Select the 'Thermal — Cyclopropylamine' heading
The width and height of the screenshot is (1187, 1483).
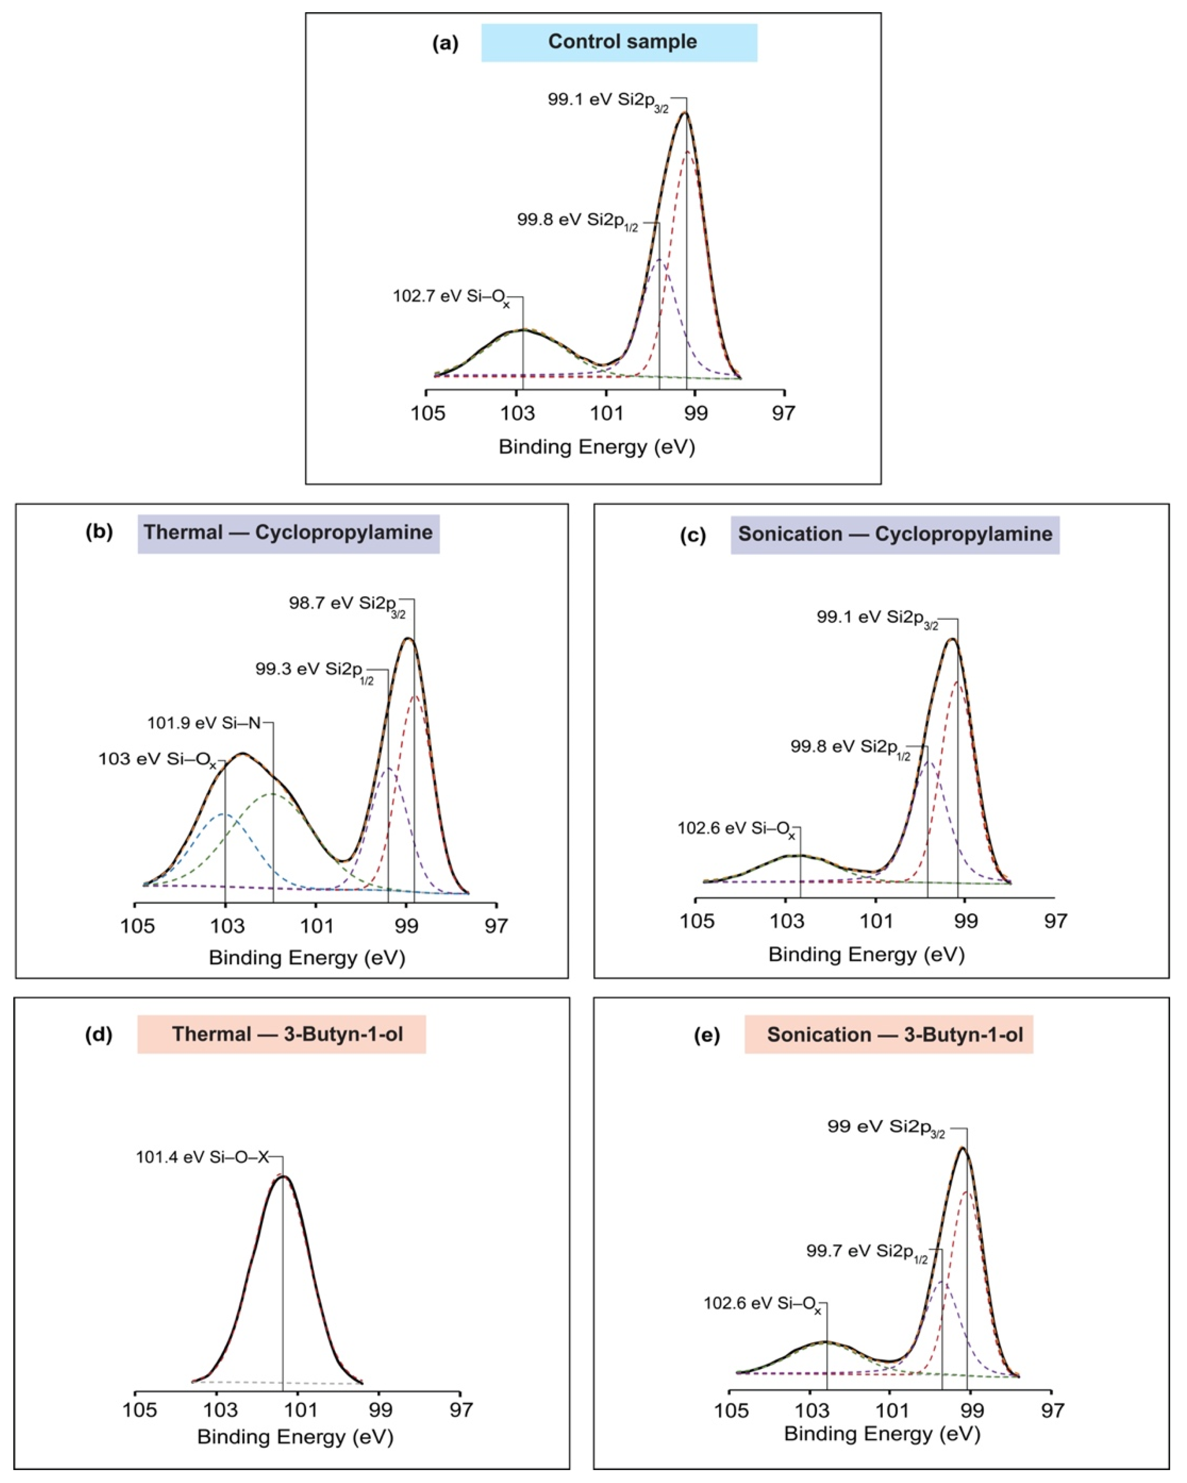click(288, 533)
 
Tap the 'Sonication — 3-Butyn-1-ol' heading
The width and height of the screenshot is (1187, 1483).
click(889, 1035)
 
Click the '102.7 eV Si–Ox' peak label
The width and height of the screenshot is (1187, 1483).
click(452, 298)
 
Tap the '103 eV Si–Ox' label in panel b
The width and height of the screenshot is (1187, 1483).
click(158, 760)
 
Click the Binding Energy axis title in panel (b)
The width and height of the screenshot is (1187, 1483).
click(307, 957)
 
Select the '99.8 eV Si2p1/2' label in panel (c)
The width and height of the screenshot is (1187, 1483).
click(850, 748)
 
